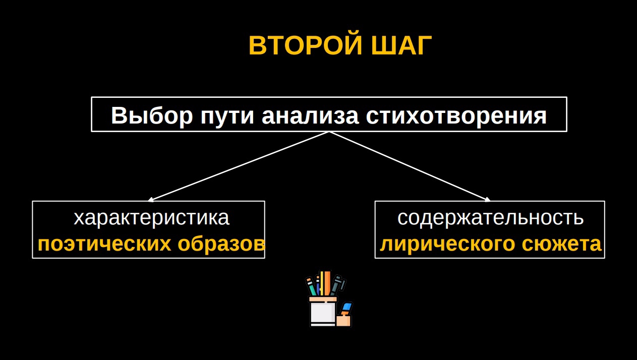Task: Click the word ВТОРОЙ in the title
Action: point(306,45)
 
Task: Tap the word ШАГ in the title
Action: point(401,45)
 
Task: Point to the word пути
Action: point(227,117)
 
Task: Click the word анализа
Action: point(310,116)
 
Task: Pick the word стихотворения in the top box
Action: point(456,116)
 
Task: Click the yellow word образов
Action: point(221,244)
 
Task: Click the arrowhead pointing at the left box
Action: point(151,200)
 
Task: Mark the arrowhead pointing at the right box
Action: point(487,200)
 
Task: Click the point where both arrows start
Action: point(329,132)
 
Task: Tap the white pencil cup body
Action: point(323,312)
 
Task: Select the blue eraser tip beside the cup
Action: point(347,307)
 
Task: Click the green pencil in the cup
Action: point(311,287)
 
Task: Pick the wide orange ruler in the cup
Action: point(326,283)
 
